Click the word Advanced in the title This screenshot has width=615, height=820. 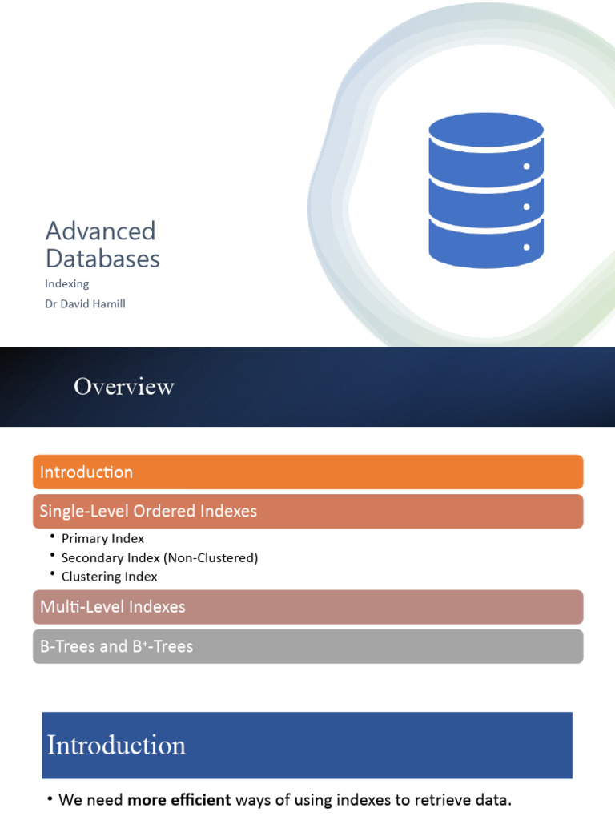point(100,231)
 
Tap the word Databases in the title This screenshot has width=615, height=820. point(102,259)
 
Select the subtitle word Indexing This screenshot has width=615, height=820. point(67,283)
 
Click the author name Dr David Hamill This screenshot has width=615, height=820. point(85,303)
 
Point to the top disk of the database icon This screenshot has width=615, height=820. point(486,128)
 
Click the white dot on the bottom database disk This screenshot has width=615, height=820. point(526,247)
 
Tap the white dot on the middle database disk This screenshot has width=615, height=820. point(526,207)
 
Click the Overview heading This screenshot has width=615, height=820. point(124,387)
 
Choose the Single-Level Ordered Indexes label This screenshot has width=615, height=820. point(148,511)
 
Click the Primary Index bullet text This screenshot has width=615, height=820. point(102,538)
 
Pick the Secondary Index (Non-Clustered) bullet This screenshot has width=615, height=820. point(159,557)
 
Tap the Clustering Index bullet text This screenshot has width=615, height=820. point(109,577)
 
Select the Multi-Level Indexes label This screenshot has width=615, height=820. point(113,607)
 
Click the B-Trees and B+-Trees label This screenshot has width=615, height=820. point(117,646)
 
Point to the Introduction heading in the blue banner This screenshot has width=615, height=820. point(116,746)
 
